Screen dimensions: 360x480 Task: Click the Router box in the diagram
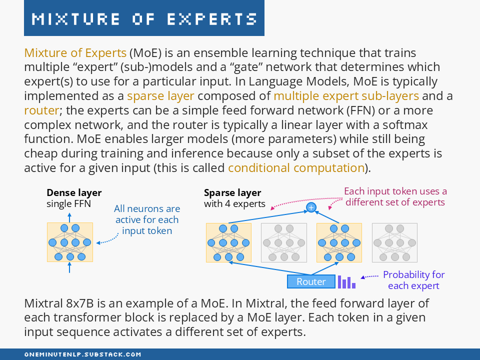point(311,281)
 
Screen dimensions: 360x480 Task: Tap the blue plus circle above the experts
point(311,207)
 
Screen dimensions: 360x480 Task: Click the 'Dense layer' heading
point(74,192)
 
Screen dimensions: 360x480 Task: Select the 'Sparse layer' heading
point(232,192)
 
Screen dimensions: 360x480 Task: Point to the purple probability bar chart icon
point(346,282)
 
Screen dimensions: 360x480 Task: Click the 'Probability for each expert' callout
point(413,280)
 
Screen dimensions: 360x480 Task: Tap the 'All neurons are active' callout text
point(147,219)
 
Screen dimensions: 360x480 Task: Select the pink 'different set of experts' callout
point(395,196)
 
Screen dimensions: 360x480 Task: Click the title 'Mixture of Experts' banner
point(144,18)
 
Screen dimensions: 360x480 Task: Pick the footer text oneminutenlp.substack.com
point(83,354)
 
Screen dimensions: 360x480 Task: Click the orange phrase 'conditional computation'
point(296,167)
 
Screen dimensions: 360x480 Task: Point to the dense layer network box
point(69,242)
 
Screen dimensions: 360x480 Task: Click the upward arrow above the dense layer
point(69,217)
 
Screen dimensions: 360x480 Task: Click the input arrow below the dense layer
point(69,267)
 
